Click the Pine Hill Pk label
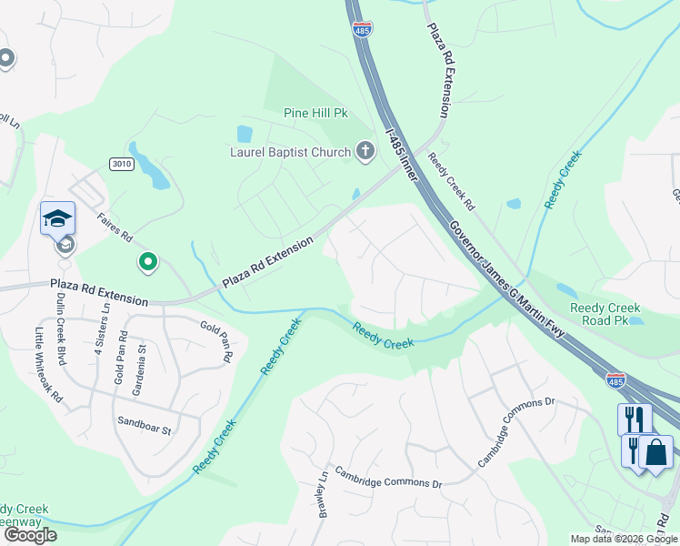click(316, 115)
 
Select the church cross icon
click(365, 151)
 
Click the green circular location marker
click(148, 263)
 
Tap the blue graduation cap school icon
click(56, 218)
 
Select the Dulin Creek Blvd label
click(61, 329)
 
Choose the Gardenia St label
click(140, 372)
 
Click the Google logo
click(30, 535)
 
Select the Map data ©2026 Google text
click(624, 539)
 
